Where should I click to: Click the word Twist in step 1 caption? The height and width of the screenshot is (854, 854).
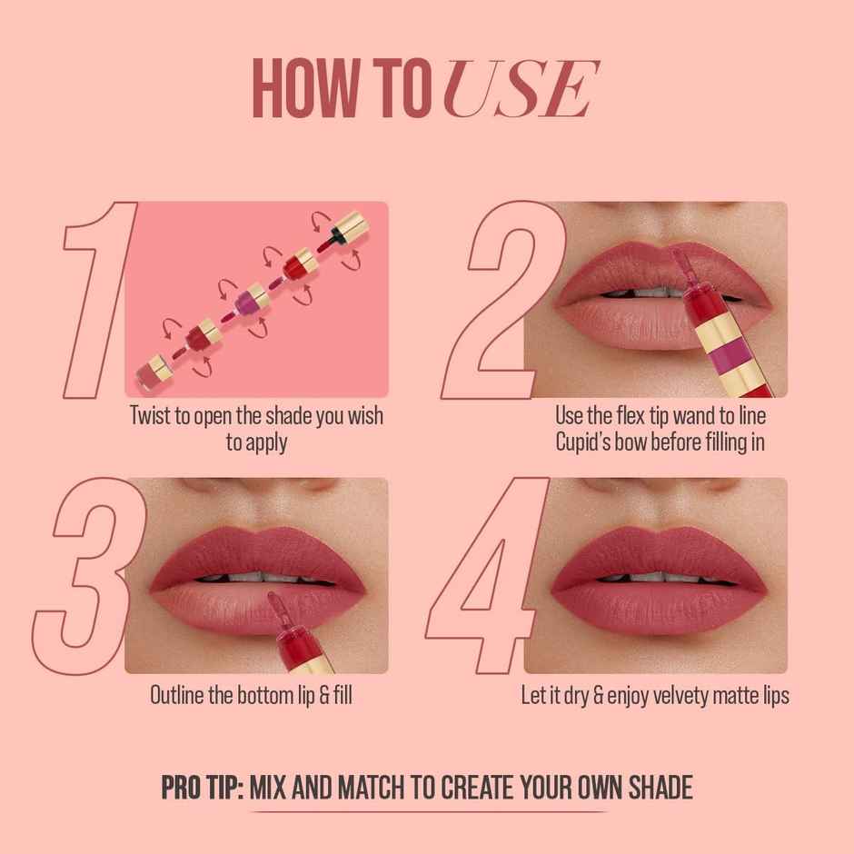pos(157,417)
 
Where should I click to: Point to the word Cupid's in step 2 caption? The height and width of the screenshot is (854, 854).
pos(591,442)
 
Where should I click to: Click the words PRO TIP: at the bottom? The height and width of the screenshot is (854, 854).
pos(201,786)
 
